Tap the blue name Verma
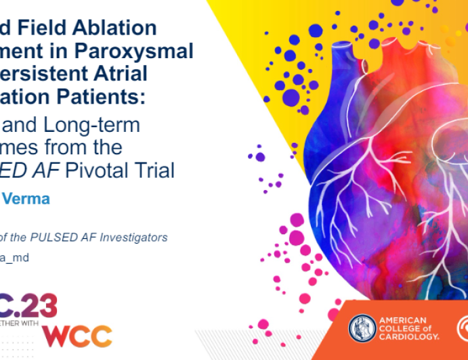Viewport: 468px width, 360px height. (28, 200)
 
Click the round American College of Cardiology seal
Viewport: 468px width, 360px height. (362, 328)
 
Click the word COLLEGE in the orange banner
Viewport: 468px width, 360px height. (402, 328)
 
